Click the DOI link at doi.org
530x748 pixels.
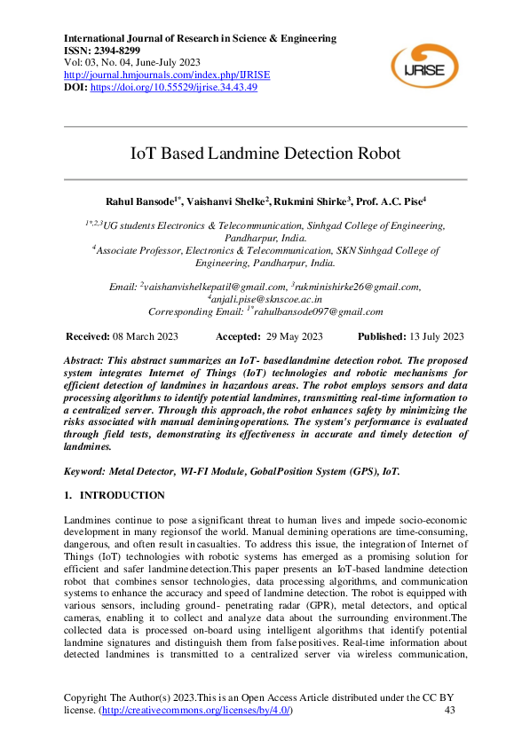(x=173, y=88)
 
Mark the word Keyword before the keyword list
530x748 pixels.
(x=87, y=471)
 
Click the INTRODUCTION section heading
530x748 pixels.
(x=122, y=495)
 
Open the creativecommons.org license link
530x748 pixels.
(x=195, y=711)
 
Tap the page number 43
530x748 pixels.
(x=449, y=711)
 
